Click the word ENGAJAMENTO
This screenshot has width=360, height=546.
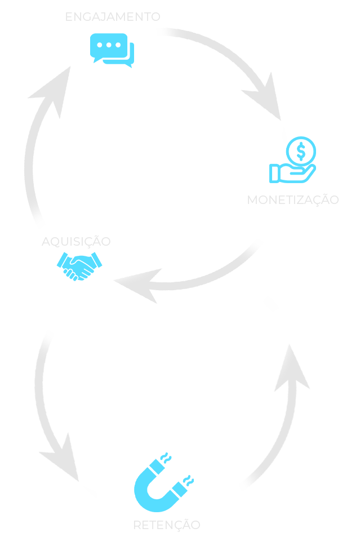click(x=113, y=17)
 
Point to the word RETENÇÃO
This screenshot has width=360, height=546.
click(x=166, y=525)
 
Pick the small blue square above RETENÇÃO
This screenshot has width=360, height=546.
click(x=163, y=482)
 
